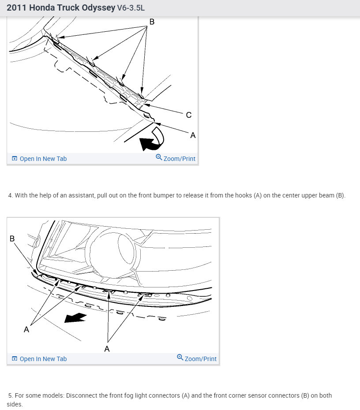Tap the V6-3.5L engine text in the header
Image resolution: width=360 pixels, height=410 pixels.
pyautogui.click(x=131, y=8)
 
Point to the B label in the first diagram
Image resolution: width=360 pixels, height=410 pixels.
pyautogui.click(x=152, y=21)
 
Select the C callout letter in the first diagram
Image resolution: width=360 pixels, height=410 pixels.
pyautogui.click(x=189, y=115)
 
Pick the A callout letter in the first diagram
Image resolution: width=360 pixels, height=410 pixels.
pyautogui.click(x=193, y=135)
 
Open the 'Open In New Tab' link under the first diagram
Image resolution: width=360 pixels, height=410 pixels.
pyautogui.click(x=43, y=159)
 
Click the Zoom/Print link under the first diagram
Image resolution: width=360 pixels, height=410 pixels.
pyautogui.click(x=179, y=159)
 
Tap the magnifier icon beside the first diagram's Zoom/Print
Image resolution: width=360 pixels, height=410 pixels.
pyautogui.click(x=159, y=157)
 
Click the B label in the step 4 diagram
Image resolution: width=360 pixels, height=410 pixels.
pyautogui.click(x=12, y=239)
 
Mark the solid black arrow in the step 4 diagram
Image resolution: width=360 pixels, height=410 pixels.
pyautogui.click(x=75, y=317)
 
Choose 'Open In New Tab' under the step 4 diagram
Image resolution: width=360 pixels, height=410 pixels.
pyautogui.click(x=43, y=359)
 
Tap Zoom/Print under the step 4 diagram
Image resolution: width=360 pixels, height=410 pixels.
pyautogui.click(x=200, y=359)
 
